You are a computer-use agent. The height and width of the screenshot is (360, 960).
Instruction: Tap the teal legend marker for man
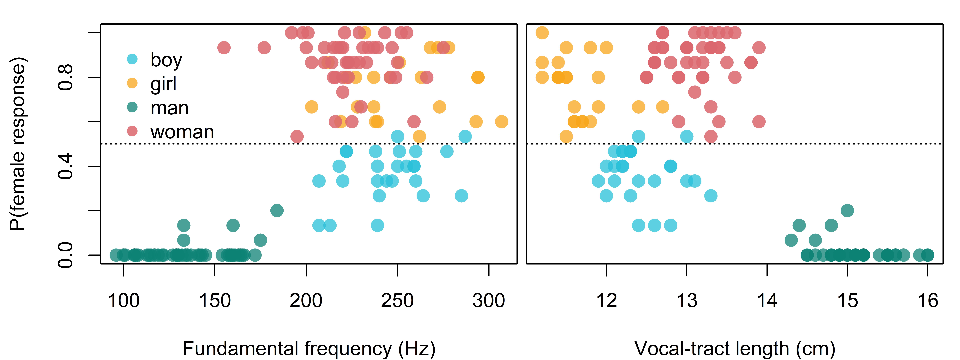coord(132,107)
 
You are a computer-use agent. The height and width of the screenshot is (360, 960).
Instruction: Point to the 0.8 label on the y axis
coord(66,77)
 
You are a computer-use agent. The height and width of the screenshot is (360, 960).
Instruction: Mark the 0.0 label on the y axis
coord(66,255)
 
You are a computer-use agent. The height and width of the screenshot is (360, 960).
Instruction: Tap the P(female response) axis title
coord(18,144)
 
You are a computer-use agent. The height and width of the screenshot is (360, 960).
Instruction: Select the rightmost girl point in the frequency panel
coord(502,121)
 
